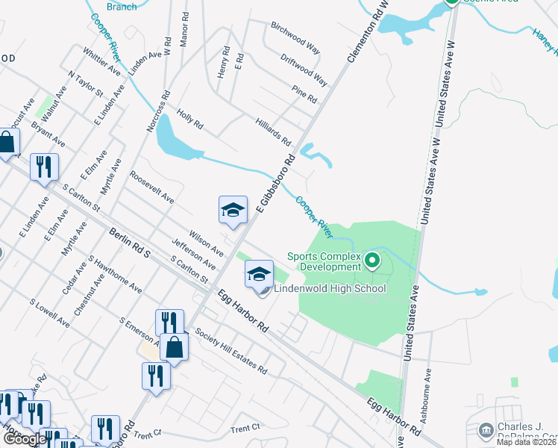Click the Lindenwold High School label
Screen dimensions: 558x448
coord(330,289)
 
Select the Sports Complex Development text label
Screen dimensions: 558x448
coord(325,262)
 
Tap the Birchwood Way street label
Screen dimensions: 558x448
coord(295,37)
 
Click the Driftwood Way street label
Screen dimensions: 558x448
coord(304,68)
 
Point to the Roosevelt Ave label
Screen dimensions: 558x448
coord(151,187)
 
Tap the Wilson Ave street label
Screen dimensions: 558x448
coord(206,241)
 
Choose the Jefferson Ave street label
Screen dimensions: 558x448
coord(193,255)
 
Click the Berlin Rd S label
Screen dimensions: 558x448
coord(129,243)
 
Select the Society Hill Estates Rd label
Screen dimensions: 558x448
coord(231,351)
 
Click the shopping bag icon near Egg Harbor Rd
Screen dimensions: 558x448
coord(174,347)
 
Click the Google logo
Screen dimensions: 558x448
coord(24,439)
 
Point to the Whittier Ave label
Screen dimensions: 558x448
coord(102,61)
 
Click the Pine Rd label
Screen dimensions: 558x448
coord(304,94)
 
